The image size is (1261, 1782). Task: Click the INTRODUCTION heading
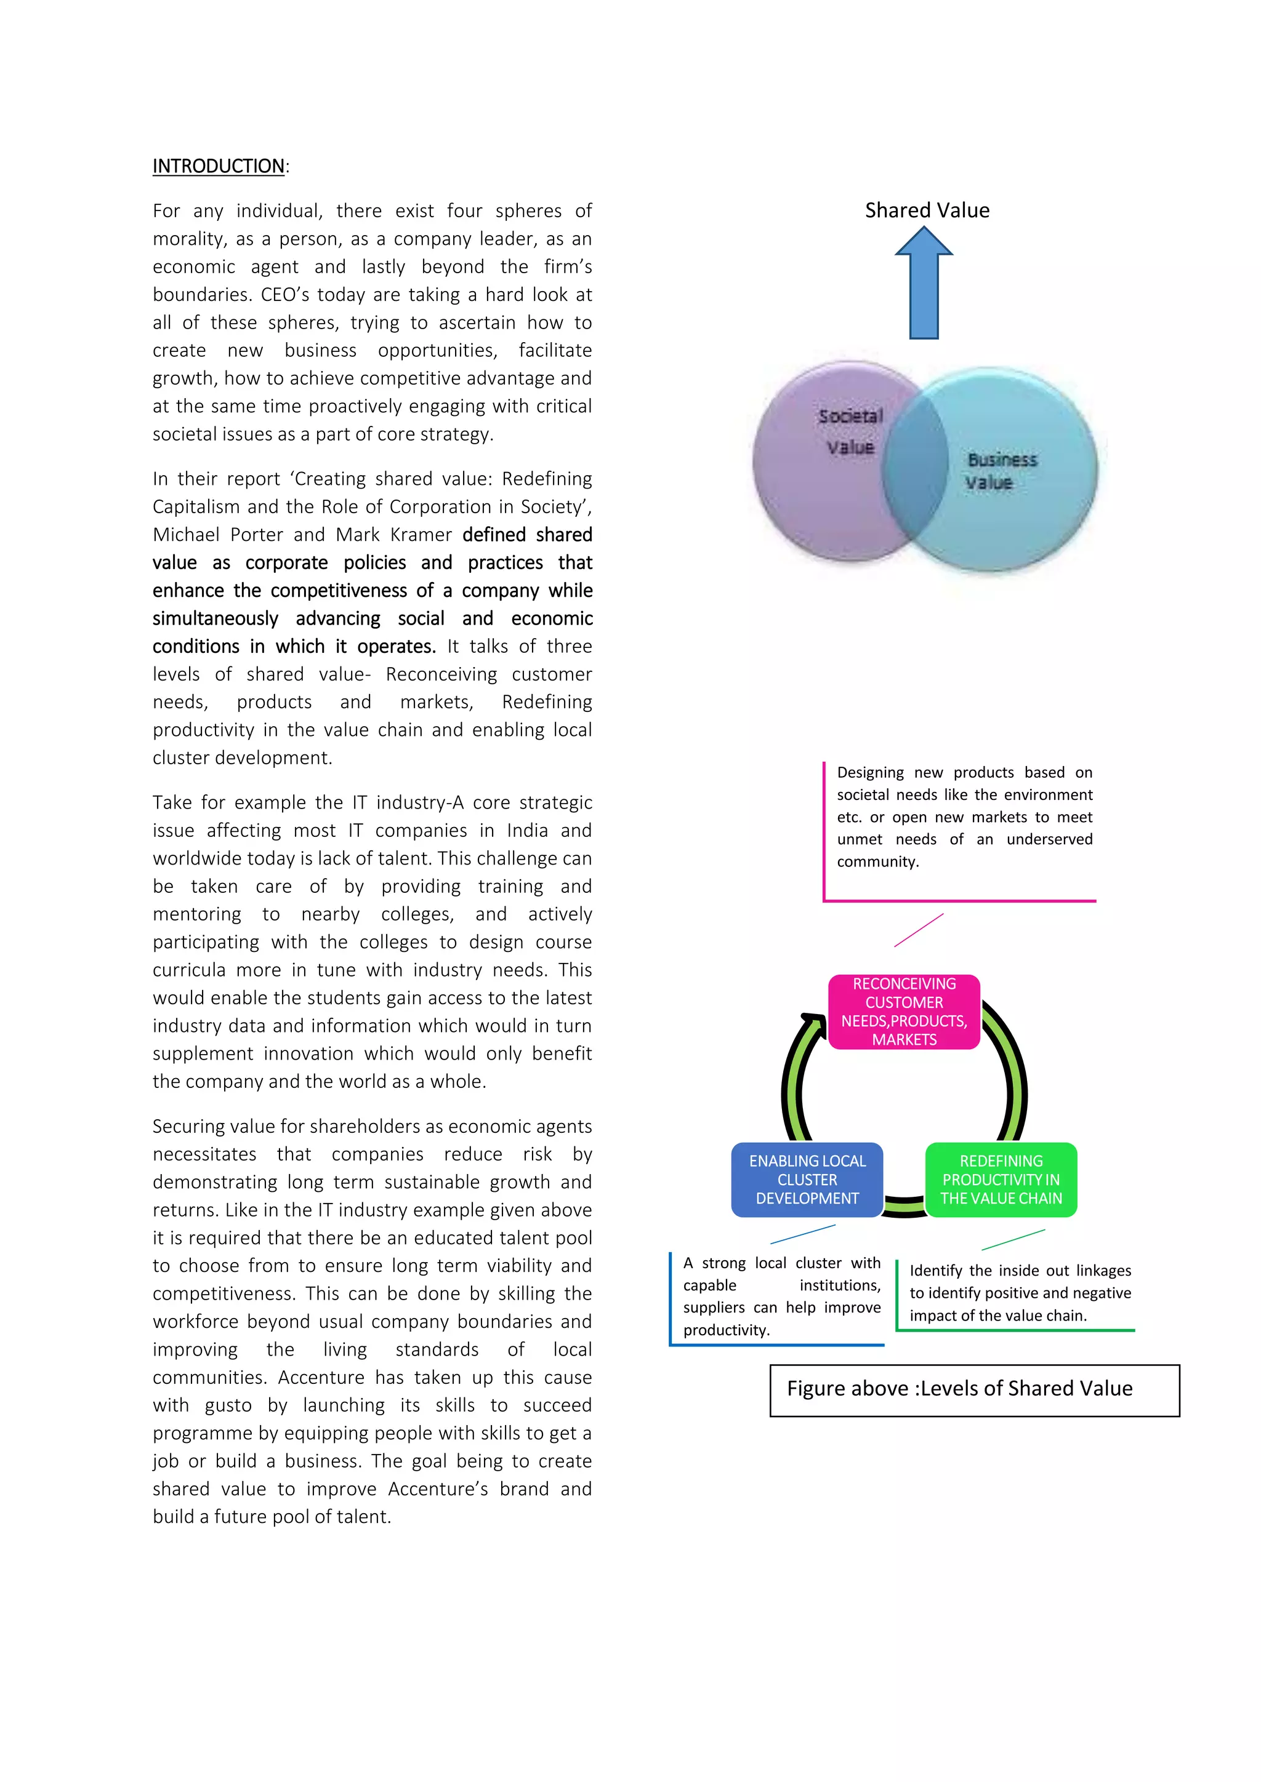click(218, 166)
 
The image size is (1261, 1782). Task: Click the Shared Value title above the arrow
click(927, 210)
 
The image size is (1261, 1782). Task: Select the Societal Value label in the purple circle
click(850, 431)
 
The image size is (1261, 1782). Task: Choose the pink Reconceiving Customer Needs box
click(904, 1012)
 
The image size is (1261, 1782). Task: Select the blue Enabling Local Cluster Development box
click(807, 1179)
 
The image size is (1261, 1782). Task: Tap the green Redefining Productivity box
click(1001, 1179)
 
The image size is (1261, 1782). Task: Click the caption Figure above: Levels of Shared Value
click(960, 1389)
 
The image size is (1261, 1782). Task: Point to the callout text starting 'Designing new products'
click(964, 817)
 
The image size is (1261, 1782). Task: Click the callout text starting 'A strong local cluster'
click(781, 1296)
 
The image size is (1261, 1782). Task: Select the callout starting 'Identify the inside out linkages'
click(1020, 1292)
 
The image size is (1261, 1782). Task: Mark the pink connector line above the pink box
click(919, 930)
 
